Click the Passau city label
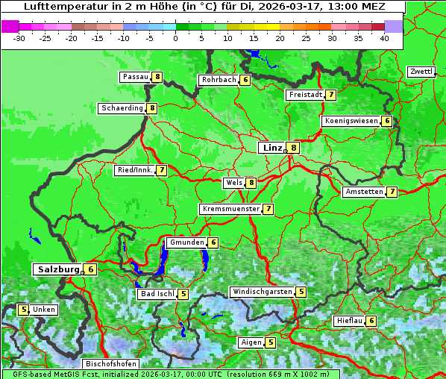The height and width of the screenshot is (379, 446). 135,77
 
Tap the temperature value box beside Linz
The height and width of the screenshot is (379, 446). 294,148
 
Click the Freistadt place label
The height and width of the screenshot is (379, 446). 305,95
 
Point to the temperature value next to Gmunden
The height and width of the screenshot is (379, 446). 213,242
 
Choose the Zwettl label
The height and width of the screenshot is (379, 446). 421,72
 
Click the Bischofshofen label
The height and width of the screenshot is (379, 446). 110,364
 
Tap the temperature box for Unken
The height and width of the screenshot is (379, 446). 23,310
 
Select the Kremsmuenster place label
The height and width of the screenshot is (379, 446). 230,209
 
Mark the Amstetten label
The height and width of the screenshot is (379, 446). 363,192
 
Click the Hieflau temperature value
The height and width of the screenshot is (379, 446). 371,321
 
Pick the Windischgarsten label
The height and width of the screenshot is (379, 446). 262,292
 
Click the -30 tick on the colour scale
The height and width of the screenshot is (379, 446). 19,37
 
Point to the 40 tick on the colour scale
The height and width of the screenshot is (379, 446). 384,37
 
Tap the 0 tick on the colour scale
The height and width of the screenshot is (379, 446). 175,37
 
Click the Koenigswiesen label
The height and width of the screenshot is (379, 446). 351,121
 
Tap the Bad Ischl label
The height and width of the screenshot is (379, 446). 157,294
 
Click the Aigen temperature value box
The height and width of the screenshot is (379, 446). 270,342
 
